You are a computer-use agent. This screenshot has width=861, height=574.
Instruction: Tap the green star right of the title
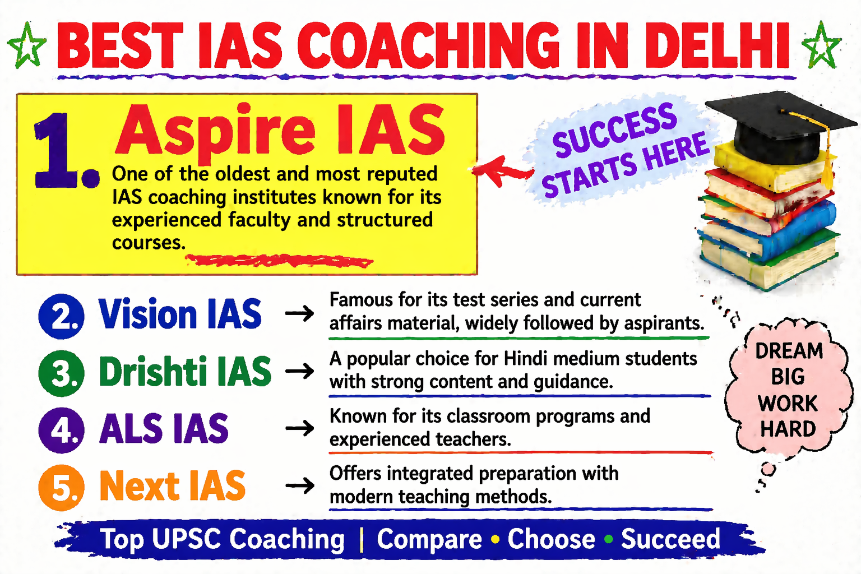click(x=821, y=45)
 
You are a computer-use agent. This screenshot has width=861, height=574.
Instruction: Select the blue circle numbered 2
click(x=61, y=316)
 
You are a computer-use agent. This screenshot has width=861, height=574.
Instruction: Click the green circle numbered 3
click(x=61, y=373)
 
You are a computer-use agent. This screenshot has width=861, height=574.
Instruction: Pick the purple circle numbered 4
click(x=61, y=430)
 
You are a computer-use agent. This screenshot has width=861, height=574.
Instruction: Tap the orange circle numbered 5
click(x=61, y=488)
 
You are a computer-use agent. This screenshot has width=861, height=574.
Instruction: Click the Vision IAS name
click(x=180, y=314)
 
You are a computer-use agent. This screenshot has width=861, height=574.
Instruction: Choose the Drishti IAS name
click(x=185, y=372)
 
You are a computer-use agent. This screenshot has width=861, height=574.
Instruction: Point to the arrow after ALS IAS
click(x=300, y=429)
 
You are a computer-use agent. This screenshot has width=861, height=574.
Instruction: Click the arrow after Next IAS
click(x=300, y=485)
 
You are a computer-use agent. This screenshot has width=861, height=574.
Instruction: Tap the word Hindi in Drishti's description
click(x=529, y=358)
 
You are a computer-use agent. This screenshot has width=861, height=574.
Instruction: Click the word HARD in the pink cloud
click(x=788, y=429)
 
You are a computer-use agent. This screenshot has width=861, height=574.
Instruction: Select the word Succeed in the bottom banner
click(x=670, y=539)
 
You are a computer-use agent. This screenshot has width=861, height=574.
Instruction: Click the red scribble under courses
click(x=280, y=261)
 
